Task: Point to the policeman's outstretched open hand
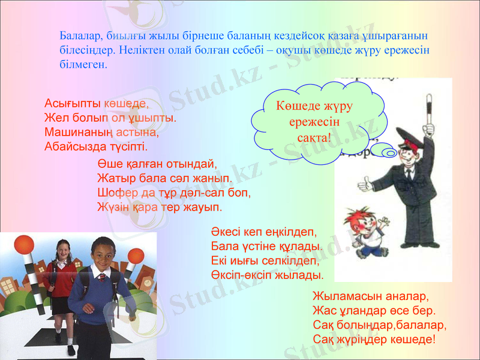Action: pos(364,181)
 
